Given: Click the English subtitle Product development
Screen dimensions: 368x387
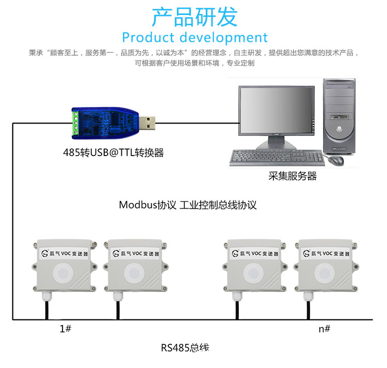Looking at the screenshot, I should coord(195,38).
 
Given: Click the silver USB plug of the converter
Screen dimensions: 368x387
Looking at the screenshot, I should coord(149,122).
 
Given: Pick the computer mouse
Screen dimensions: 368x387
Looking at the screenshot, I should coord(336,160).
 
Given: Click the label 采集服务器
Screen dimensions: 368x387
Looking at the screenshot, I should coord(292,176).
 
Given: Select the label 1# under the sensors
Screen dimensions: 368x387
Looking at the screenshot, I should coord(66,329).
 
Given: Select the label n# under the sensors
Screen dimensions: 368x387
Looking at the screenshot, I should coord(324,329).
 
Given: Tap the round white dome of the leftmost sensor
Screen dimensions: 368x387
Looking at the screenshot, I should coord(64,272).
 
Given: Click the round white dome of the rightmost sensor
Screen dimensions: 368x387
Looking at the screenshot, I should coord(324,272).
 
